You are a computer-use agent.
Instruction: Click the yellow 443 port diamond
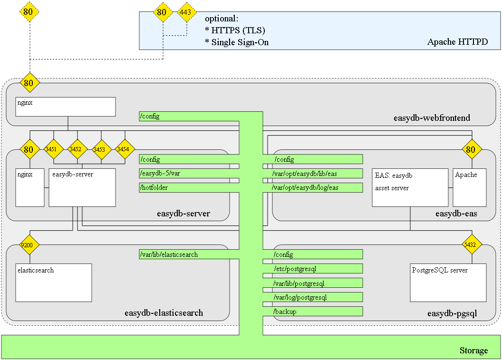[187, 12]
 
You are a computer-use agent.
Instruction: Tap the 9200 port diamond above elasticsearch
[29, 245]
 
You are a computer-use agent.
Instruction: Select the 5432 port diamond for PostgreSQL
[472, 245]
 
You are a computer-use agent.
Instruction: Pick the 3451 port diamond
[54, 149]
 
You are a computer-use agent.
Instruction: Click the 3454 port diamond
[125, 149]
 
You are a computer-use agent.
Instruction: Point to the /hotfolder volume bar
[189, 188]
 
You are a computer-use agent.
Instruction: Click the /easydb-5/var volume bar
[189, 174]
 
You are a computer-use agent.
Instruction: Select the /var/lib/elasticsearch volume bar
[189, 254]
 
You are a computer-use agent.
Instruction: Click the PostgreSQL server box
[448, 282]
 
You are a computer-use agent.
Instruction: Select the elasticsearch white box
[54, 282]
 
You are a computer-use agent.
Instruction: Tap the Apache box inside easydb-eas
[469, 187]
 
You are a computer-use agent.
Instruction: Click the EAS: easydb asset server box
[410, 187]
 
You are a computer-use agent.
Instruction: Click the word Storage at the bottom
[473, 350]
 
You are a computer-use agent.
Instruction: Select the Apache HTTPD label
[457, 42]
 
